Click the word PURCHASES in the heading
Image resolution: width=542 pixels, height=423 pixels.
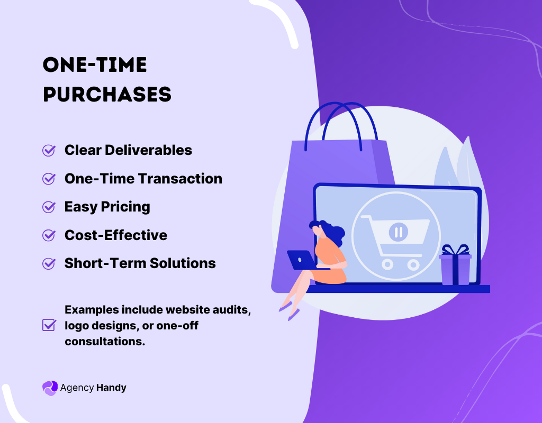tap(107, 94)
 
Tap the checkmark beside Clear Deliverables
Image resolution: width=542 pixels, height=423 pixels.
tap(49, 150)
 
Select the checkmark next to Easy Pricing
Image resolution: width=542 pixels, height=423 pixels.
tap(49, 207)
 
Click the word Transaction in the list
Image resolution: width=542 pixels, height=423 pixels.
tap(180, 179)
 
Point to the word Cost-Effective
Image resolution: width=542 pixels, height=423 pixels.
tap(116, 235)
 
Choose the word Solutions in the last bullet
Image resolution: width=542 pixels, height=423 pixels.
tap(183, 263)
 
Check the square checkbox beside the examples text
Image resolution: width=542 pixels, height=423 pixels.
tap(49, 325)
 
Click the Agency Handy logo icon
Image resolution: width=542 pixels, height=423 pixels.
tap(50, 388)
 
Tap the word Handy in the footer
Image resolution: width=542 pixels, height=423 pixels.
tap(111, 388)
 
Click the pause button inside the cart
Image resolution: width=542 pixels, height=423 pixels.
tap(399, 232)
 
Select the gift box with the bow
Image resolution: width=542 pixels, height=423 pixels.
tap(455, 265)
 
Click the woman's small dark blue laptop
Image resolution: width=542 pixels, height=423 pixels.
tap(301, 260)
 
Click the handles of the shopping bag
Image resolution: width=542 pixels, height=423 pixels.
tap(341, 126)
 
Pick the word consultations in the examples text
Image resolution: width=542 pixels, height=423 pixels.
tap(105, 341)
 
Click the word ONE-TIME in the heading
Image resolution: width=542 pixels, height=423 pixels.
tap(95, 65)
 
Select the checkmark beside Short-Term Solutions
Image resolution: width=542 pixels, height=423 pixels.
tap(49, 263)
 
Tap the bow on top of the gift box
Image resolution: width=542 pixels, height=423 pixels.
tap(455, 250)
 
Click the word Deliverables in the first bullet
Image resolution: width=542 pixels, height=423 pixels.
tap(148, 150)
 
